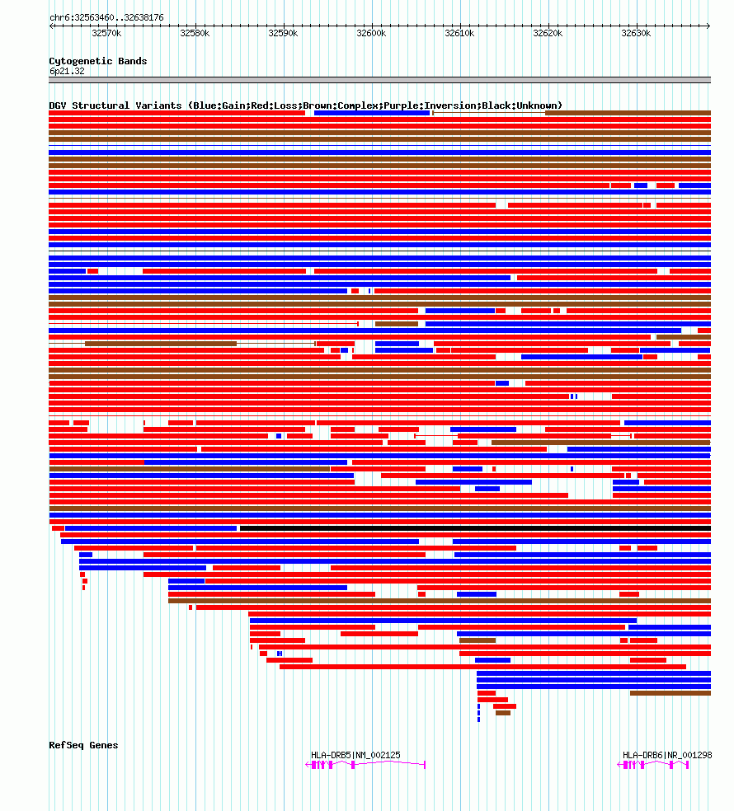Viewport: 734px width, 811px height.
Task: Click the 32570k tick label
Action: click(x=106, y=33)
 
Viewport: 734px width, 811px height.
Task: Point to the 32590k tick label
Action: click(x=282, y=33)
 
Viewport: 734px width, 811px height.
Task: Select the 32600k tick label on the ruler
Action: click(x=370, y=33)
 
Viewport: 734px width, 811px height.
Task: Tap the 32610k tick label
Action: click(x=459, y=33)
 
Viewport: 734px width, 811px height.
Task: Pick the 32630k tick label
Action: click(x=636, y=33)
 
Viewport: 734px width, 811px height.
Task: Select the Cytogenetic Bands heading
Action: click(x=97, y=61)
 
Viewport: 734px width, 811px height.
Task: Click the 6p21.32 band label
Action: click(x=67, y=71)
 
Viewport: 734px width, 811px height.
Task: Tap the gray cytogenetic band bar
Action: click(x=379, y=80)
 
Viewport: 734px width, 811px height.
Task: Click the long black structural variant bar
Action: click(x=474, y=528)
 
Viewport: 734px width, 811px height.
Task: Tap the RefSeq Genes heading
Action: click(x=83, y=745)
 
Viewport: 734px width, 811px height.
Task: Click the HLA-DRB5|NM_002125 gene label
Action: click(x=355, y=755)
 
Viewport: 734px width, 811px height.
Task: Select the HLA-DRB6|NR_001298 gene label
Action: click(x=667, y=755)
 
